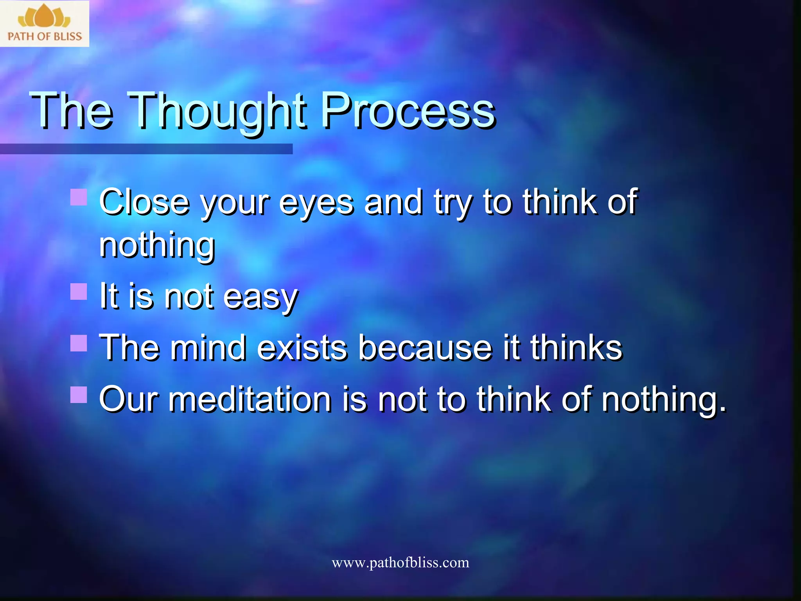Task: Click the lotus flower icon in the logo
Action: click(x=44, y=16)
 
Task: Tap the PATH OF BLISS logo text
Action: click(x=45, y=36)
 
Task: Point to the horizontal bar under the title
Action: click(x=146, y=149)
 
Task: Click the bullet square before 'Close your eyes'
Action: click(x=79, y=197)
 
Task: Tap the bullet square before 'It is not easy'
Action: click(x=79, y=292)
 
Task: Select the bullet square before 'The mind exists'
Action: click(x=79, y=343)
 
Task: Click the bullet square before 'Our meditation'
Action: click(x=79, y=395)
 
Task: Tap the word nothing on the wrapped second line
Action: click(x=157, y=246)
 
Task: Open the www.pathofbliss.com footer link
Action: click(x=400, y=563)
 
